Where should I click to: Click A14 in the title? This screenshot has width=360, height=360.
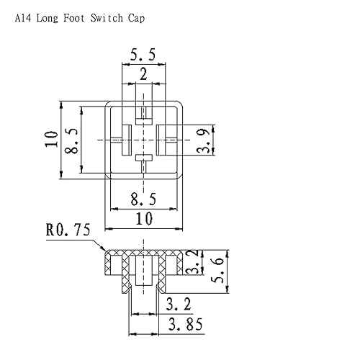[24, 19]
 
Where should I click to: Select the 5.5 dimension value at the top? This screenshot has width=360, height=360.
[143, 53]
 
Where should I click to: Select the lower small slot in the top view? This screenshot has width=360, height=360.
[143, 158]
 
